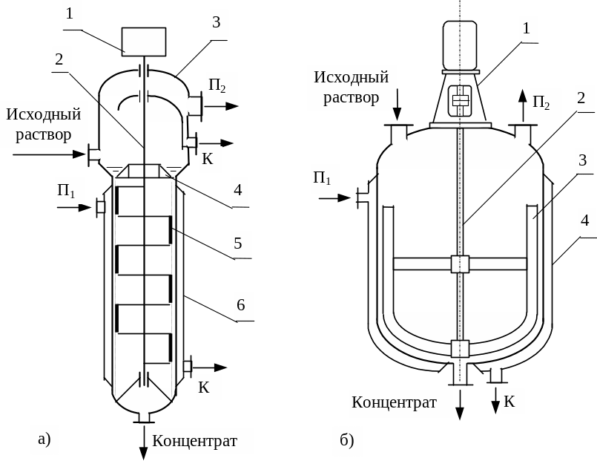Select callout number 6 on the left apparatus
[240, 305]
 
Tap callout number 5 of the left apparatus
[239, 243]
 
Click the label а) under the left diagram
[44, 439]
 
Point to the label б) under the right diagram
[347, 441]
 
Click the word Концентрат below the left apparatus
[195, 441]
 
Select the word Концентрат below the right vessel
[394, 402]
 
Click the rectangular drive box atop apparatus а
[144, 40]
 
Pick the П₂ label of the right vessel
[542, 102]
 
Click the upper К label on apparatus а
[208, 158]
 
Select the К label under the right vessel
[509, 402]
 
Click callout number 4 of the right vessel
[585, 220]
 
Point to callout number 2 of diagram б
[581, 98]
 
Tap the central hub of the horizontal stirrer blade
[460, 264]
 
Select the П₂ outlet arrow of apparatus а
[222, 106]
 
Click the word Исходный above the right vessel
[352, 77]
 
